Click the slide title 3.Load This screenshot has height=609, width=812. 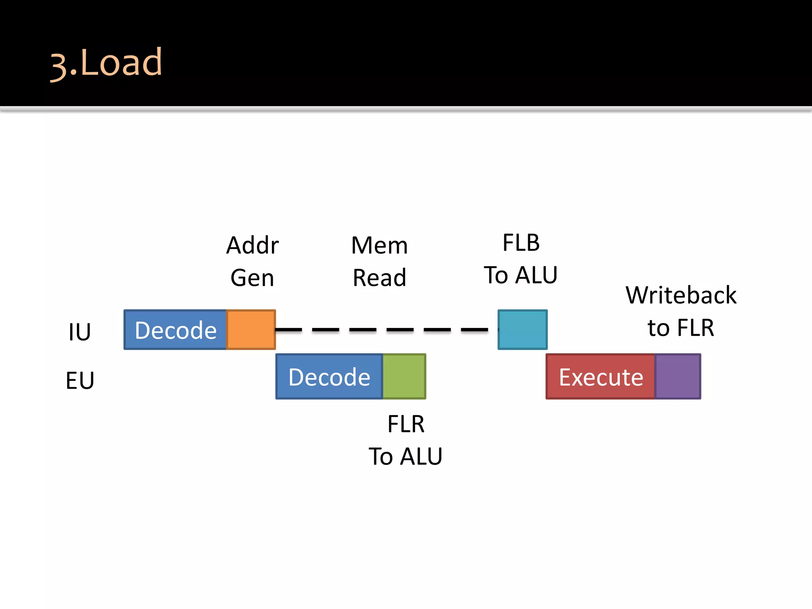[x=106, y=63]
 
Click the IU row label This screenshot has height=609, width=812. [x=79, y=332]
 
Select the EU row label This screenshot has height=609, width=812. [x=80, y=380]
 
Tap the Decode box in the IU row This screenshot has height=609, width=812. [x=175, y=330]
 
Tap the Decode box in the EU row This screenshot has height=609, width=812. [x=329, y=377]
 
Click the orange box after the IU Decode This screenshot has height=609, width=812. [x=251, y=330]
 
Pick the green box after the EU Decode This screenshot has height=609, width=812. [x=404, y=377]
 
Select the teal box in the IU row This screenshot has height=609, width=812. [x=523, y=330]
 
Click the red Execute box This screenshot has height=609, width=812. [x=601, y=377]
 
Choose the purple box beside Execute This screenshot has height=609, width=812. [x=678, y=377]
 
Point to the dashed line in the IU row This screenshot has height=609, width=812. [x=381, y=329]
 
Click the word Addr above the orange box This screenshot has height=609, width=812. [x=253, y=245]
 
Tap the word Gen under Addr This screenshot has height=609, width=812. [x=252, y=278]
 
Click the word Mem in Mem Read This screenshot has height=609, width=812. [x=379, y=245]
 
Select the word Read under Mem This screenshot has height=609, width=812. [x=379, y=278]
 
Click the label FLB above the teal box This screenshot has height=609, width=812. [x=521, y=243]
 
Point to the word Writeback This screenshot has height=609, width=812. [x=681, y=295]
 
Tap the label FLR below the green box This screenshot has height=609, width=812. [x=406, y=424]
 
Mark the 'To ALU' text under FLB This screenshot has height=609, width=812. [x=521, y=275]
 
